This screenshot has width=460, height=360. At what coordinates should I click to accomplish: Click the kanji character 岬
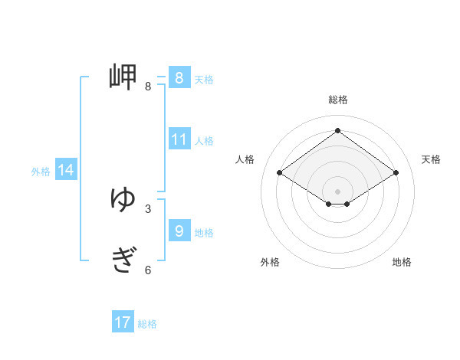[123, 77]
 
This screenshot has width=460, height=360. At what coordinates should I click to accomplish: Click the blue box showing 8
[179, 78]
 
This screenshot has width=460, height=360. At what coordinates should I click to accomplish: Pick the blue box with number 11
[179, 139]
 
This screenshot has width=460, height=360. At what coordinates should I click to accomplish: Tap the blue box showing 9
[179, 231]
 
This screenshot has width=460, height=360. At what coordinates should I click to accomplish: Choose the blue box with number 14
[66, 170]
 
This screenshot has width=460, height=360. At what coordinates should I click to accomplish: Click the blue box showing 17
[123, 322]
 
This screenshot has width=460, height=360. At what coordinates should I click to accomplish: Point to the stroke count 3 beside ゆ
[148, 208]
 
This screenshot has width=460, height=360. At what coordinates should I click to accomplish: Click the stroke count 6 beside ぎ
[148, 270]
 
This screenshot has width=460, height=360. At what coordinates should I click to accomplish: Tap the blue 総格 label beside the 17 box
[147, 324]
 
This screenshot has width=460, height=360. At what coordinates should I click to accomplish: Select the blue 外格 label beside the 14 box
[41, 172]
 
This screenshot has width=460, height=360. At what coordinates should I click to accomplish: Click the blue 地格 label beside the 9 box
[204, 233]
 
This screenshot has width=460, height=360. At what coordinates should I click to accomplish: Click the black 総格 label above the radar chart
[338, 100]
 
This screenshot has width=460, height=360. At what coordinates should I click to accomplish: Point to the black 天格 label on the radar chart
[432, 159]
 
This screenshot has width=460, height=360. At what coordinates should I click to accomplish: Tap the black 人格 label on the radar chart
[245, 159]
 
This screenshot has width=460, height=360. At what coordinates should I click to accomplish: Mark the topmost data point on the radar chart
[337, 130]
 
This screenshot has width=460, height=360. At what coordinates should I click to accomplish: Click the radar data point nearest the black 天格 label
[396, 173]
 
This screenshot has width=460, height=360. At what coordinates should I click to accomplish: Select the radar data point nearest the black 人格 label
[279, 173]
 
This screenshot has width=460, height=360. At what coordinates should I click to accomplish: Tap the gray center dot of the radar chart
[337, 189]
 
